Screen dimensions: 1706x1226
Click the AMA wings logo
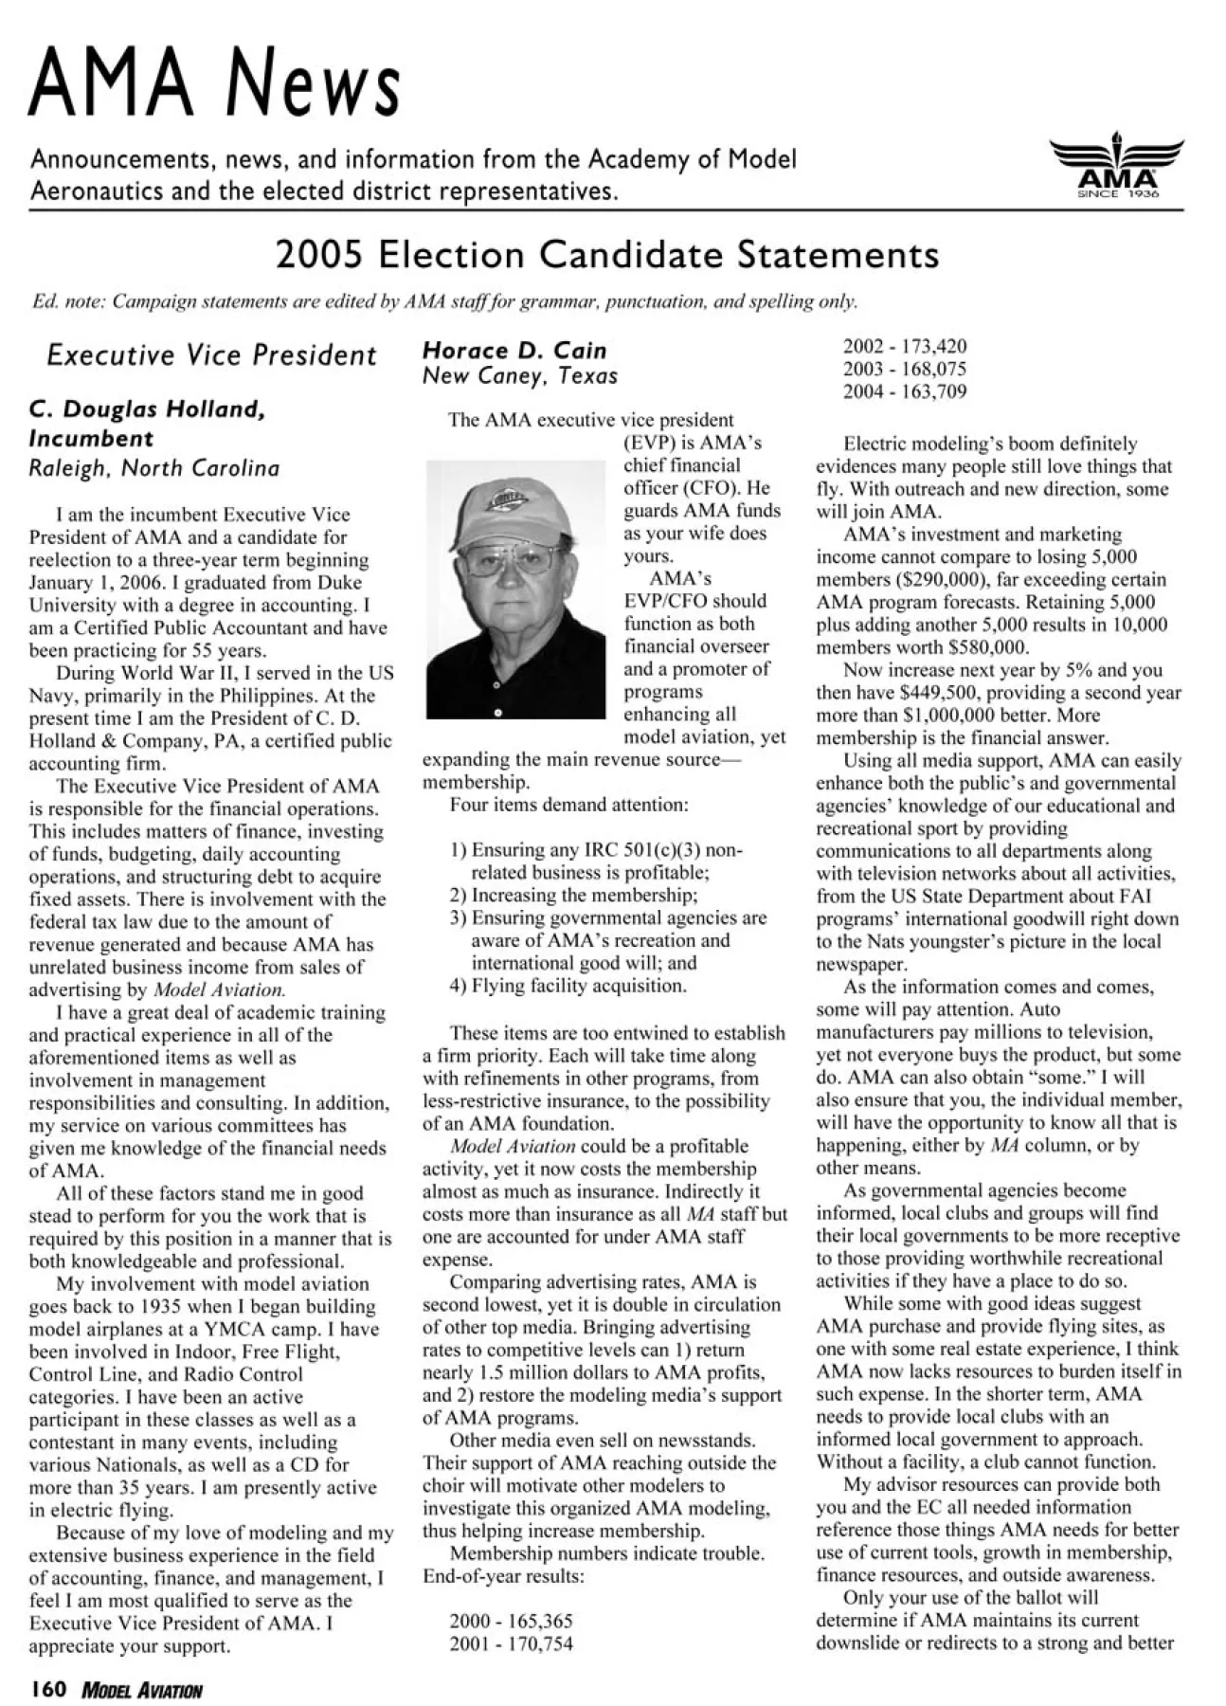1117,165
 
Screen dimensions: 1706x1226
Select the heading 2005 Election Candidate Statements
607,255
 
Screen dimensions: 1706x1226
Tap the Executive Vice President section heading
211,355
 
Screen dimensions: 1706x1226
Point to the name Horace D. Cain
514,351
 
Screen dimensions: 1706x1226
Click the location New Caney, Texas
520,376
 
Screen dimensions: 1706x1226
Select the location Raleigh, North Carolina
154,468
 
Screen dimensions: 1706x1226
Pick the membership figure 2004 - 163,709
905,391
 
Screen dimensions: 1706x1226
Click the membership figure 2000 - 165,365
511,1621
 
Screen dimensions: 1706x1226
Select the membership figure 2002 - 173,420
905,347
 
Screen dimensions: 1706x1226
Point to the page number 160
47,1689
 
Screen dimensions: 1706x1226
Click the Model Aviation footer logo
142,1690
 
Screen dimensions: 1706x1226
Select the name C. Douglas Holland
148,409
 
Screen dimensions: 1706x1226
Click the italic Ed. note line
444,301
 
